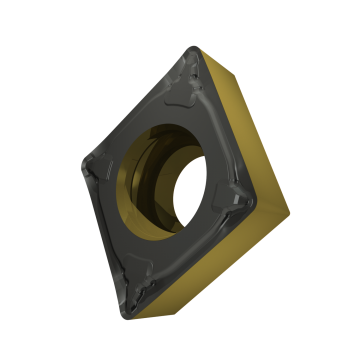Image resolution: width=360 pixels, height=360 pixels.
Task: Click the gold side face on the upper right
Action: point(240,110)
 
